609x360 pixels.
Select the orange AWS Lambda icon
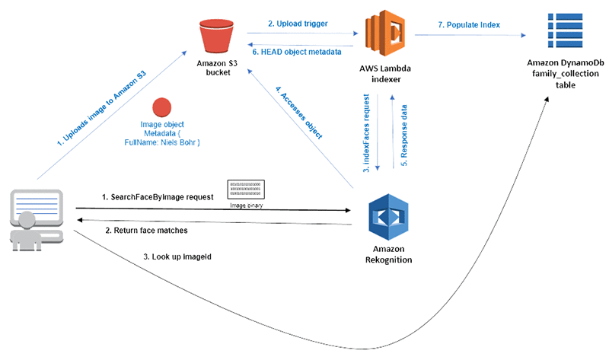point(388,35)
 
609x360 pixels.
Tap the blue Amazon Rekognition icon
point(388,216)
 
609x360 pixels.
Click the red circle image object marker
point(164,107)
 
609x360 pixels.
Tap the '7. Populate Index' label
point(469,24)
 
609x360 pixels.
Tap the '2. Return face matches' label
point(146,229)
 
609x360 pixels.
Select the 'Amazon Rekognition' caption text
point(389,254)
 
